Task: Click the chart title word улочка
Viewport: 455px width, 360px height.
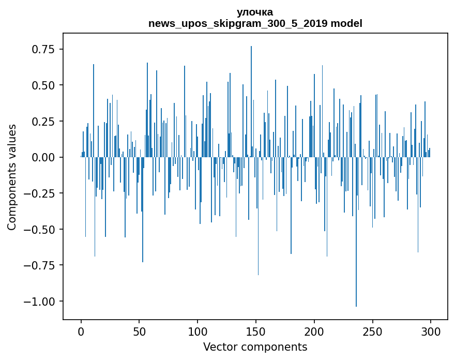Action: point(255,12)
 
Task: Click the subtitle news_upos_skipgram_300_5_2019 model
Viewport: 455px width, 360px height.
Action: point(255,23)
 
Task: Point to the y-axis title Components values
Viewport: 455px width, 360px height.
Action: point(12,177)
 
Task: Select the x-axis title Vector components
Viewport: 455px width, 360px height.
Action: point(255,347)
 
